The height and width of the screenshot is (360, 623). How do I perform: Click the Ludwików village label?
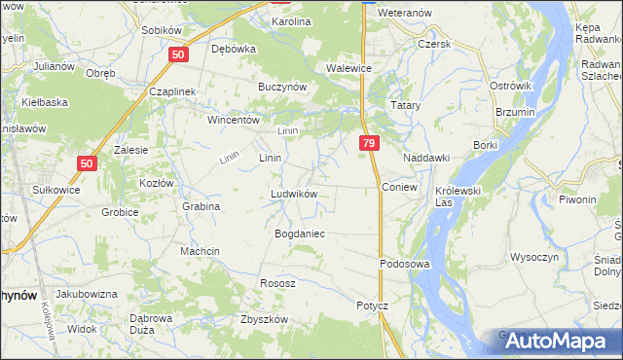tap(294, 194)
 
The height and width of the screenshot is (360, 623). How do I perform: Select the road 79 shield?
tap(368, 143)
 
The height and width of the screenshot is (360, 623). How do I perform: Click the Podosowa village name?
tap(404, 264)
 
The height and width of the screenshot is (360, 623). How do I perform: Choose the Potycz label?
tap(372, 305)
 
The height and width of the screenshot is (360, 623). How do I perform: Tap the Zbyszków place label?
tap(264, 319)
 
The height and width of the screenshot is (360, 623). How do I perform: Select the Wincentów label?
tap(233, 121)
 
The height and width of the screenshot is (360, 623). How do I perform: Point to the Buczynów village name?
tap(282, 87)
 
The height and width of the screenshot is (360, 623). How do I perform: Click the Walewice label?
tap(349, 68)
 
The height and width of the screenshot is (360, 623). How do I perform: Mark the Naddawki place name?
tap(426, 157)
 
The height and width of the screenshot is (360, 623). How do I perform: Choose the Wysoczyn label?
tap(533, 258)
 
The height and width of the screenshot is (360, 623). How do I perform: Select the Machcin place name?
tap(201, 251)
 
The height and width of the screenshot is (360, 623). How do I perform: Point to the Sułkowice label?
tap(55, 190)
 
